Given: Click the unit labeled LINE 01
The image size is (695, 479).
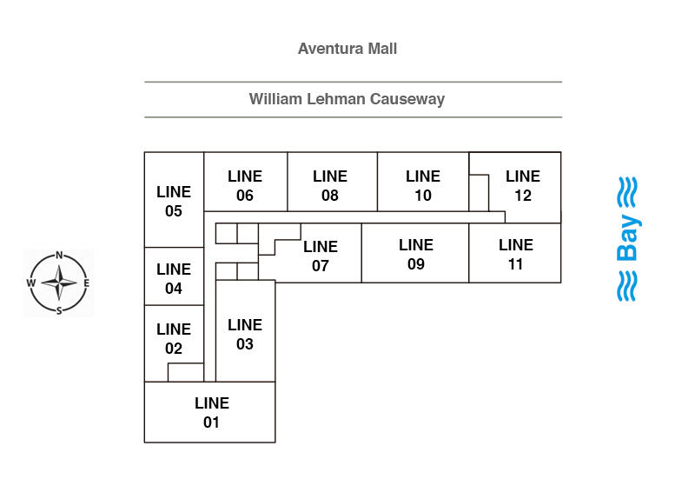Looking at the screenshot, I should point(211,413).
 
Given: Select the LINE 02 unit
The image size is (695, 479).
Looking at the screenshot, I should point(174,339).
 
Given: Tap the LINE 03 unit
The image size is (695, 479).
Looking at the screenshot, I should point(245,334).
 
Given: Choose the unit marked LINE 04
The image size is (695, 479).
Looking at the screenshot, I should point(174,279).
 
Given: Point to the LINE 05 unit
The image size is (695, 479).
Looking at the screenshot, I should point(174,201).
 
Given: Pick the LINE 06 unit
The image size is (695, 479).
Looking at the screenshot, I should point(245,185).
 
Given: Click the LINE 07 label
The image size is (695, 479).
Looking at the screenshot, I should point(321,256).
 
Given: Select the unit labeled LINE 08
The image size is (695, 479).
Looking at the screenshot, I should point(330,185).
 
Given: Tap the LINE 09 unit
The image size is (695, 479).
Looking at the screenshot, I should point(416,254).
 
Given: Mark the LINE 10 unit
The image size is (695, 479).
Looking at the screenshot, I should point(423,185).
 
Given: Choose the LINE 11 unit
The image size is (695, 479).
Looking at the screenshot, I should point(516,254).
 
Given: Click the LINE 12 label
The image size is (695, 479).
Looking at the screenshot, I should point(523,185).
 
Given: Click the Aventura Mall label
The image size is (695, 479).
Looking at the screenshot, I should point(347,49).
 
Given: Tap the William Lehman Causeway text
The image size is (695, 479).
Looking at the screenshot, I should point(347,99).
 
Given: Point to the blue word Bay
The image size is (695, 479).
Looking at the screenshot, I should point(627,239).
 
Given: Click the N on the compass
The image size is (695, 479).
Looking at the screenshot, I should point(59,256).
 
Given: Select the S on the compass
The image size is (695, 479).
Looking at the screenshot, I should point(59,310).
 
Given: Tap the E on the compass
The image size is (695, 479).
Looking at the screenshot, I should point(86,283).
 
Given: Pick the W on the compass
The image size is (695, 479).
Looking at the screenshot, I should point(31,283).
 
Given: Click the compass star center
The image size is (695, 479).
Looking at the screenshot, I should point(59,283).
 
